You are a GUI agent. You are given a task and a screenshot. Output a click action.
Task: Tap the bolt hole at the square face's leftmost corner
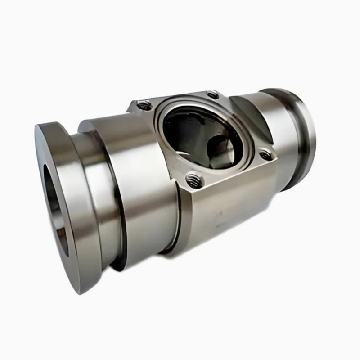click(143, 106)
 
